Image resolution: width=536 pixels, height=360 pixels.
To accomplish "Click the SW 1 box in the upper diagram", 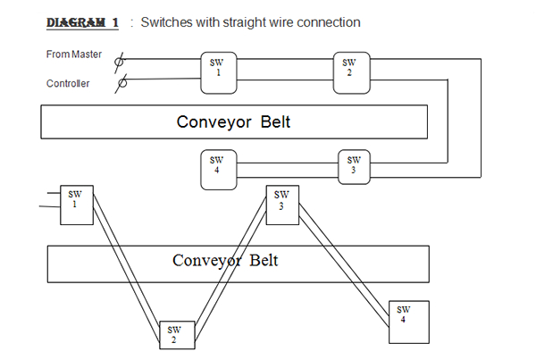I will [x=217, y=69].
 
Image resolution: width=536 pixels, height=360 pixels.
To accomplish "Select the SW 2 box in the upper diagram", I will [x=349, y=69].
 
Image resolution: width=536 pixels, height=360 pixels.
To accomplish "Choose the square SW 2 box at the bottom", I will [x=174, y=333].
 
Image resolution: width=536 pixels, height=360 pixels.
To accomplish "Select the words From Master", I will [x=74, y=54].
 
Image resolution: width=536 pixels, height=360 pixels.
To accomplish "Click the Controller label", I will [x=68, y=85].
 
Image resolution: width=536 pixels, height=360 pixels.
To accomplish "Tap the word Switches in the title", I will [x=171, y=21].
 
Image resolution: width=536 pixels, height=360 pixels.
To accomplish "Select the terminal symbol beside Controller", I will [x=121, y=83].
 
